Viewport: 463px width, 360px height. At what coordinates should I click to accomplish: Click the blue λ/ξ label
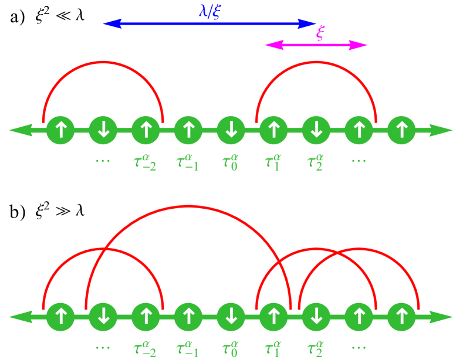pyautogui.click(x=210, y=10)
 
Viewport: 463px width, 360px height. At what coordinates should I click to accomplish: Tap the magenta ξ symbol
pyautogui.click(x=320, y=33)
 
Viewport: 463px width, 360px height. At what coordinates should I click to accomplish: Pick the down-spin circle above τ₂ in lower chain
pyautogui.click(x=316, y=317)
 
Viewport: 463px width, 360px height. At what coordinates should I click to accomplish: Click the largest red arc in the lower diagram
pyautogui.click(x=188, y=206)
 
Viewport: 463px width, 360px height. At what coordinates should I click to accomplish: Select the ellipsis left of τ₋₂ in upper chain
pyautogui.click(x=103, y=160)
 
